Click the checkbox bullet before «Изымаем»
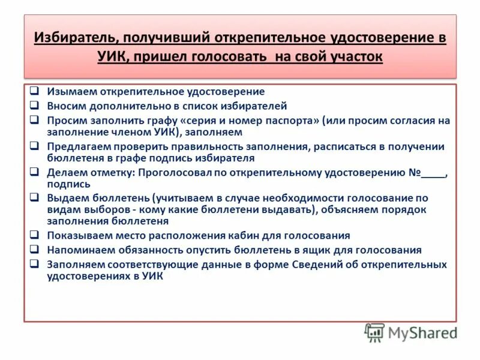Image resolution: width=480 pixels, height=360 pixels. tap(35, 91)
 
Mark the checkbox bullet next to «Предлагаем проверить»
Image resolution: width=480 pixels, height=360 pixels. tap(35, 145)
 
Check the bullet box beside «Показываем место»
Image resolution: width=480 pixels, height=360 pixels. tap(35, 235)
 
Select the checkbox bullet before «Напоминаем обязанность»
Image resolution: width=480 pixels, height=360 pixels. tap(35, 249)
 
